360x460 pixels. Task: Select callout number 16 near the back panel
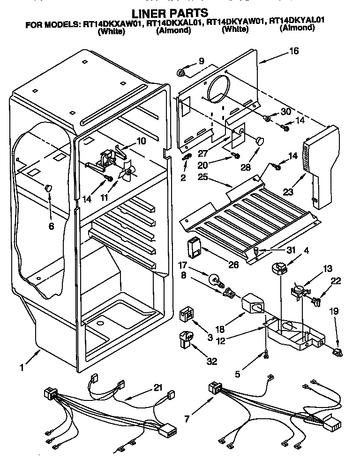point(294,52)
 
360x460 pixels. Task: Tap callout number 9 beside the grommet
point(202,60)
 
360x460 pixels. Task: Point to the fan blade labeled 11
point(127,173)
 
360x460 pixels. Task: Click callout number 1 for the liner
point(22,368)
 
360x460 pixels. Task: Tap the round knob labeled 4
point(280,268)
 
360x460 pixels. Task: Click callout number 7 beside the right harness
point(187,418)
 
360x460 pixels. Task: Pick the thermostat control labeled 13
point(297,289)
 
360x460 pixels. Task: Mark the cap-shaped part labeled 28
point(260,140)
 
